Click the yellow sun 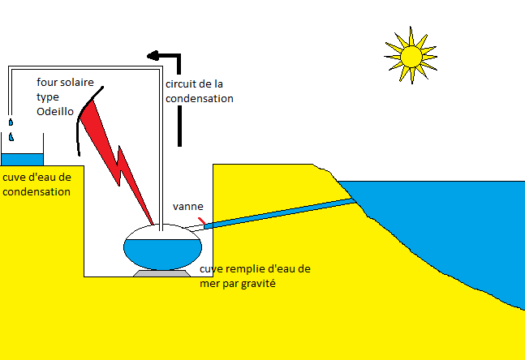pos(411,54)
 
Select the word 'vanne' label pos(187,206)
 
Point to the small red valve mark pos(201,220)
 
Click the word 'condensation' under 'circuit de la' pos(199,98)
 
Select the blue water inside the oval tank pos(162,253)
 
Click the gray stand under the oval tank pos(162,274)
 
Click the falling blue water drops pos(11,130)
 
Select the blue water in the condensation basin pos(22,159)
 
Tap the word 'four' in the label pos(48,83)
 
